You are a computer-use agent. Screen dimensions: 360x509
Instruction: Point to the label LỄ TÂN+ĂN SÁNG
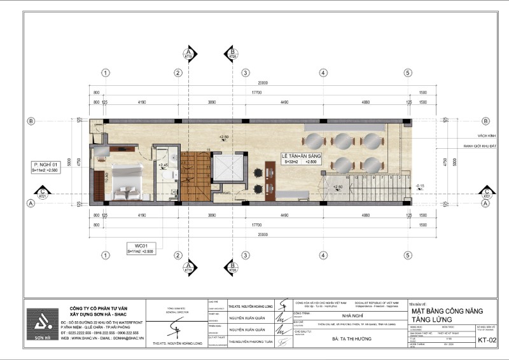pyautogui.click(x=302, y=156)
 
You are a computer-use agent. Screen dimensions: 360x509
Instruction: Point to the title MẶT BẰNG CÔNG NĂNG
pyautogui.click(x=447, y=310)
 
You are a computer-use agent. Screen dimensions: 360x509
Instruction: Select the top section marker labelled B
pyautogui.click(x=233, y=53)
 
